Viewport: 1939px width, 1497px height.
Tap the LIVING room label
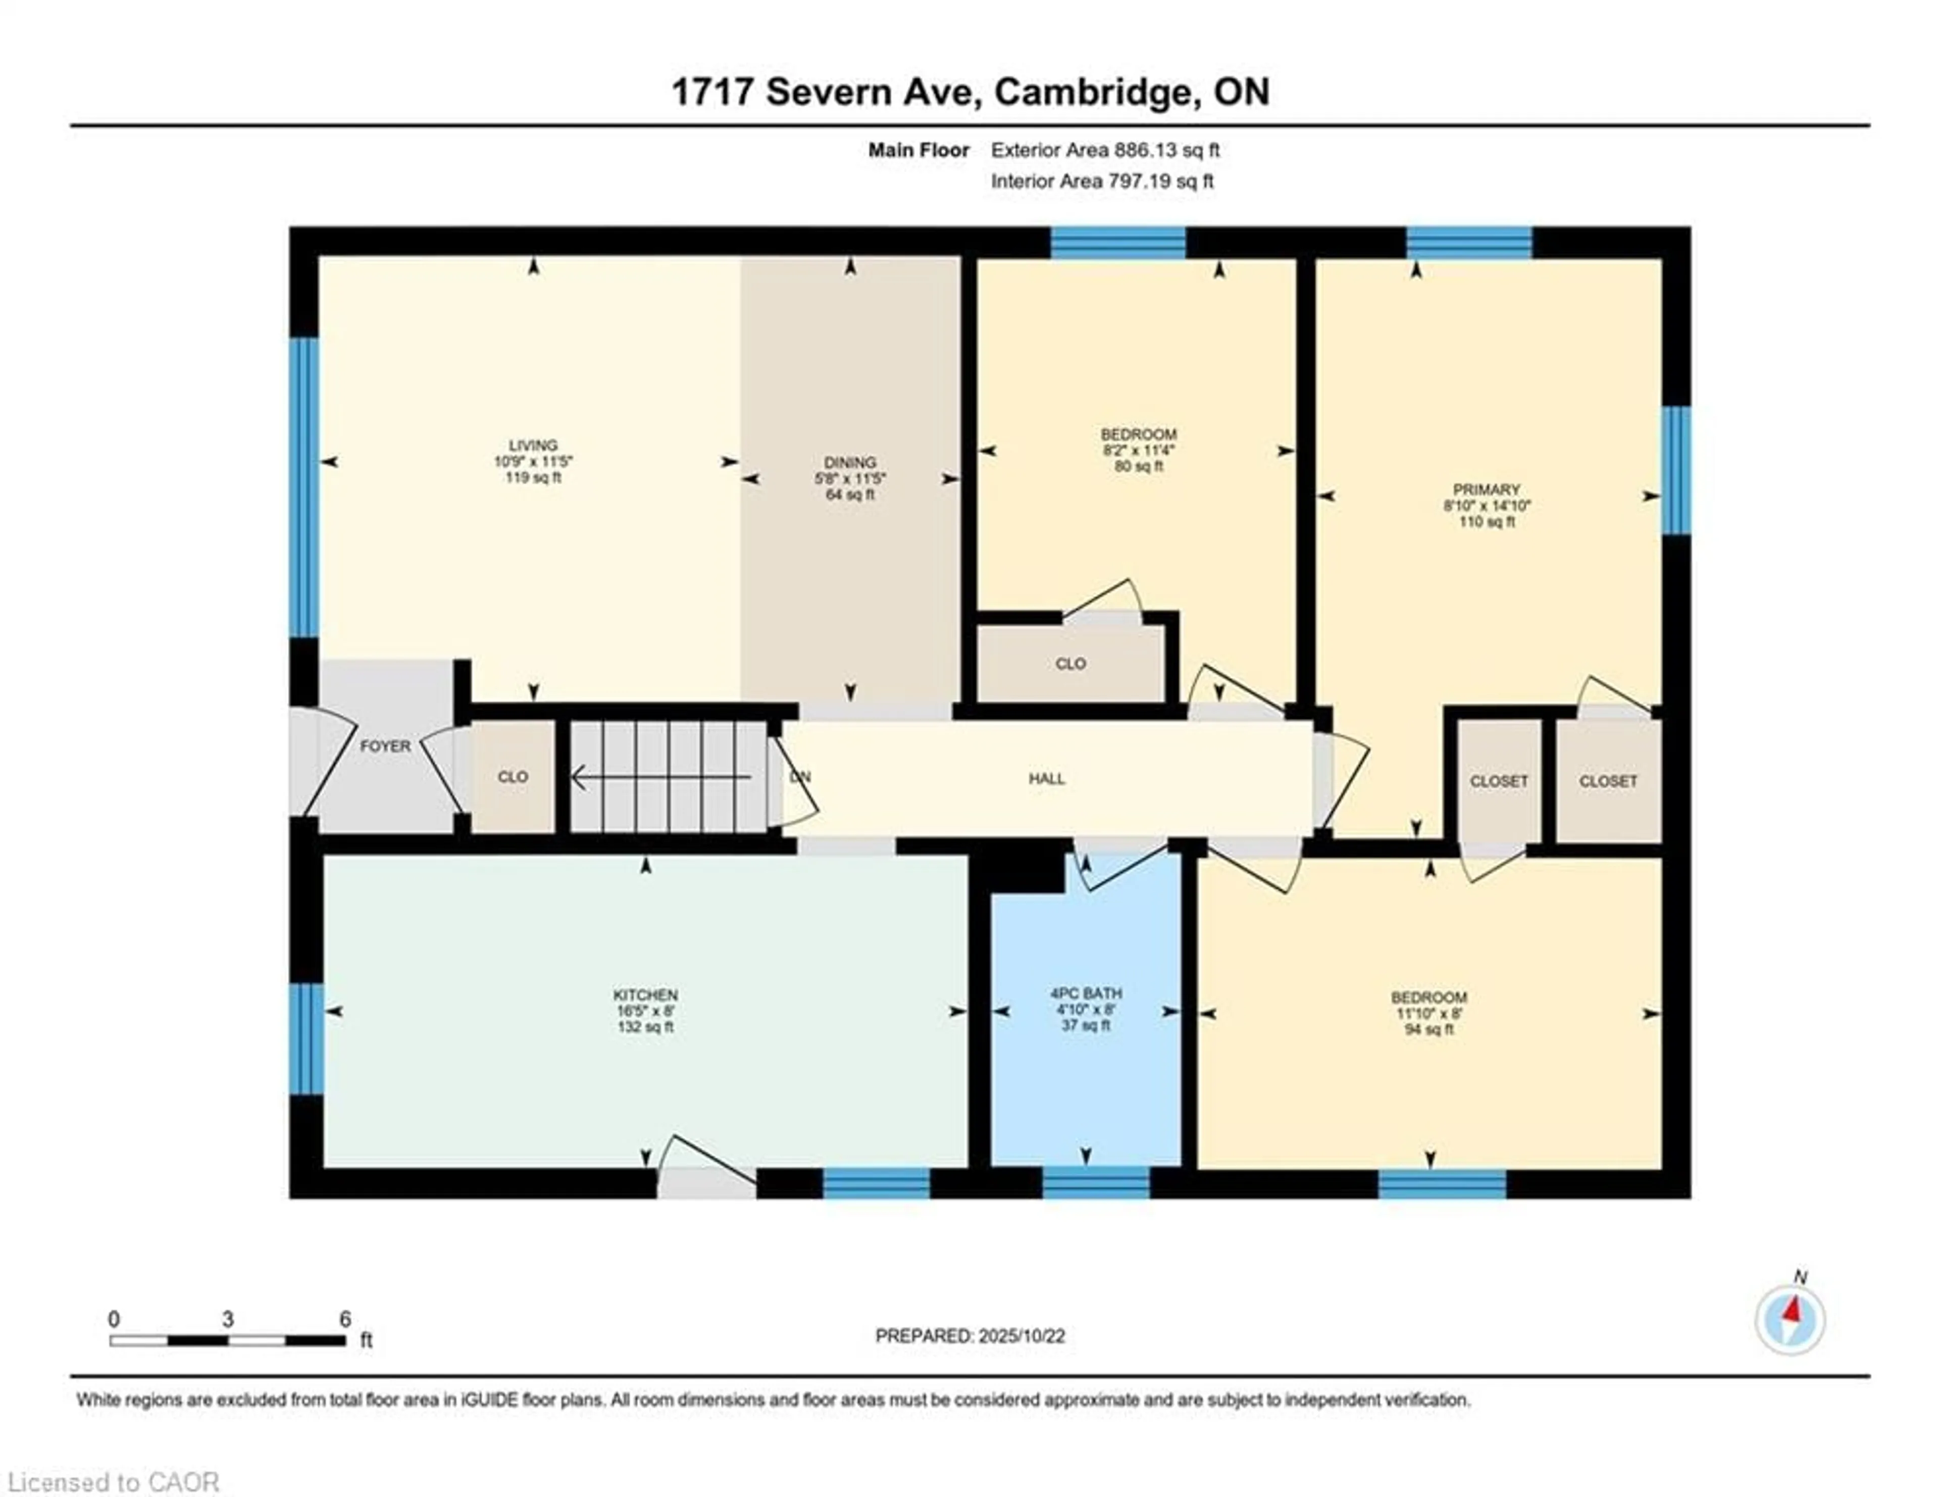533,445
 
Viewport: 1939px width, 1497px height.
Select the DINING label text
850,462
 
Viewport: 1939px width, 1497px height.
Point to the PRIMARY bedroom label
1486,489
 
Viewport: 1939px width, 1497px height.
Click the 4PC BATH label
1085,992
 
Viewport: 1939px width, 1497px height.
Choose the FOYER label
384,746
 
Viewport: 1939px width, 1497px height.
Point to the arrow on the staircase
661,779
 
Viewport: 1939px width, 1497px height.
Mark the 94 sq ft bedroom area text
1428,1030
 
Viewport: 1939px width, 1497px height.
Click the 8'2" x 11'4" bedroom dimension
1138,450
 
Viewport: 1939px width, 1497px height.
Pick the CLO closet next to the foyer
513,777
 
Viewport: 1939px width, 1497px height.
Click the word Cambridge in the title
1092,92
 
